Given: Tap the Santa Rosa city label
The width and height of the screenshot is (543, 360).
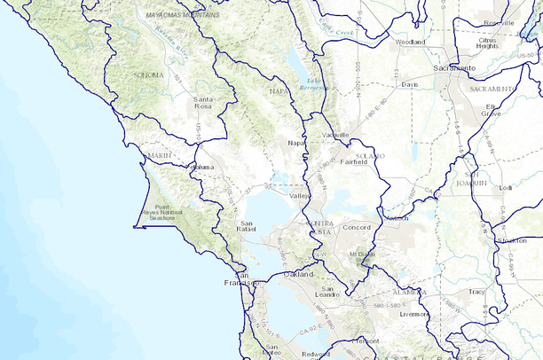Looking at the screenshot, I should tap(203, 102).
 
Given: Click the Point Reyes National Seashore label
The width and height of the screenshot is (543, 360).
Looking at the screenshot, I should tap(166, 214).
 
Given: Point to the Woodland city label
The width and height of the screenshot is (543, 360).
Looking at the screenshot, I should tap(411, 42).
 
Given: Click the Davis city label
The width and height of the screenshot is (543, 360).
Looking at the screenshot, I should tap(409, 84).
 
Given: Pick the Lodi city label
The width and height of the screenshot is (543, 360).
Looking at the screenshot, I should tap(506, 188).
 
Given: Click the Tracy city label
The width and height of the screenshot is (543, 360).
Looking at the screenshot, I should tap(477, 291).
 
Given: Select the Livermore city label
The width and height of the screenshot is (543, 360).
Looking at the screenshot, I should tap(413, 314).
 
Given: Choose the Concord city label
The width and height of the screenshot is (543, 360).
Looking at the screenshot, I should tap(355, 227).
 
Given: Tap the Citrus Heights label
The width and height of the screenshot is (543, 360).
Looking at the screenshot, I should tap(487, 43).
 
